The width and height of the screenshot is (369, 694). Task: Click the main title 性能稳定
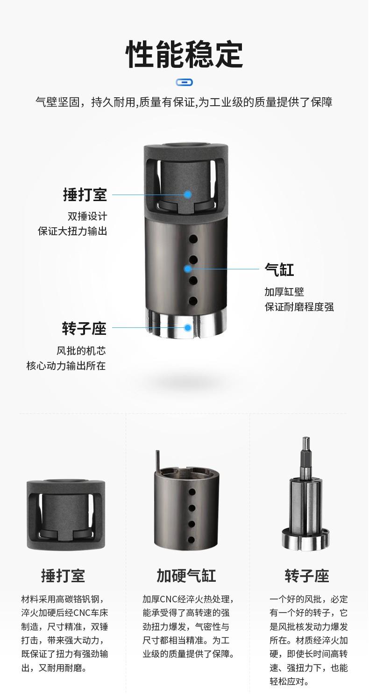pos(184,55)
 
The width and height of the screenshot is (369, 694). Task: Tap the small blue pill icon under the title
pos(184,82)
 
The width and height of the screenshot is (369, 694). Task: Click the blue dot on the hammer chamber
pos(188,195)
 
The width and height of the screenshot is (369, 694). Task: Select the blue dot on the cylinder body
pos(188,269)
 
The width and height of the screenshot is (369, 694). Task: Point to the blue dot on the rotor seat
pos(188,327)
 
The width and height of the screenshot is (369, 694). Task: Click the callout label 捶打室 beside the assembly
pos(85,195)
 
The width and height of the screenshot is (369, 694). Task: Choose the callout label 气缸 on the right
pos(279,269)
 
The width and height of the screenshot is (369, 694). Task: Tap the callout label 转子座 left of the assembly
pos(84,328)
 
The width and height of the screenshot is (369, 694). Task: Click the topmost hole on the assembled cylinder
pos(193,239)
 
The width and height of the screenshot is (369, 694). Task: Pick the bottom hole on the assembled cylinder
pos(193,301)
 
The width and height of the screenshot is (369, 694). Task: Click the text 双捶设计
pos(87,216)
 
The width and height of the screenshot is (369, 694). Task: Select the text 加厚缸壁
pos(284,291)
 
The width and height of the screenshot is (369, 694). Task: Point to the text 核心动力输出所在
pos(66,366)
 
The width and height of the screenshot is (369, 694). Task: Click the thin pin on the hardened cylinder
pos(157,461)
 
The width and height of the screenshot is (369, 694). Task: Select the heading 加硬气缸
pos(186,576)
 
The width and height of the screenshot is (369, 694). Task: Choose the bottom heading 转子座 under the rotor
pos(307,576)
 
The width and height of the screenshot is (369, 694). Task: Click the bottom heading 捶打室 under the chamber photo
pos(63,576)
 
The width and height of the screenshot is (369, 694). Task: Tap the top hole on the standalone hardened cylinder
pos(192,492)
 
